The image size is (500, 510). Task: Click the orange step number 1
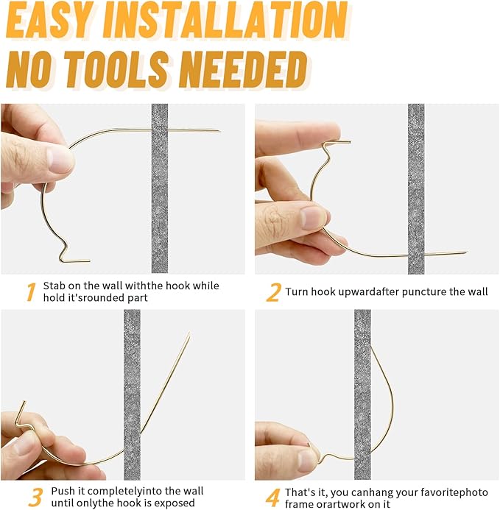coord(31,291)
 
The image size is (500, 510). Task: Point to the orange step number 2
coord(273,292)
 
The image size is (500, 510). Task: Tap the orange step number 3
coord(35,497)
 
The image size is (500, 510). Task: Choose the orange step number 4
coord(272,497)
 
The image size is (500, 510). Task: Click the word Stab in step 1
coord(54,286)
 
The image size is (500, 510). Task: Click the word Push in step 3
coord(63,491)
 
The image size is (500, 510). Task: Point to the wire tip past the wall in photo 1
coord(220,131)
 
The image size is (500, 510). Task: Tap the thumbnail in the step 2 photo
coord(313,218)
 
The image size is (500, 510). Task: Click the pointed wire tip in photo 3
coord(189,333)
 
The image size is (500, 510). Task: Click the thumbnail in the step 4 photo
coord(306,460)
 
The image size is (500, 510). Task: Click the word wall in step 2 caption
coord(479,291)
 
